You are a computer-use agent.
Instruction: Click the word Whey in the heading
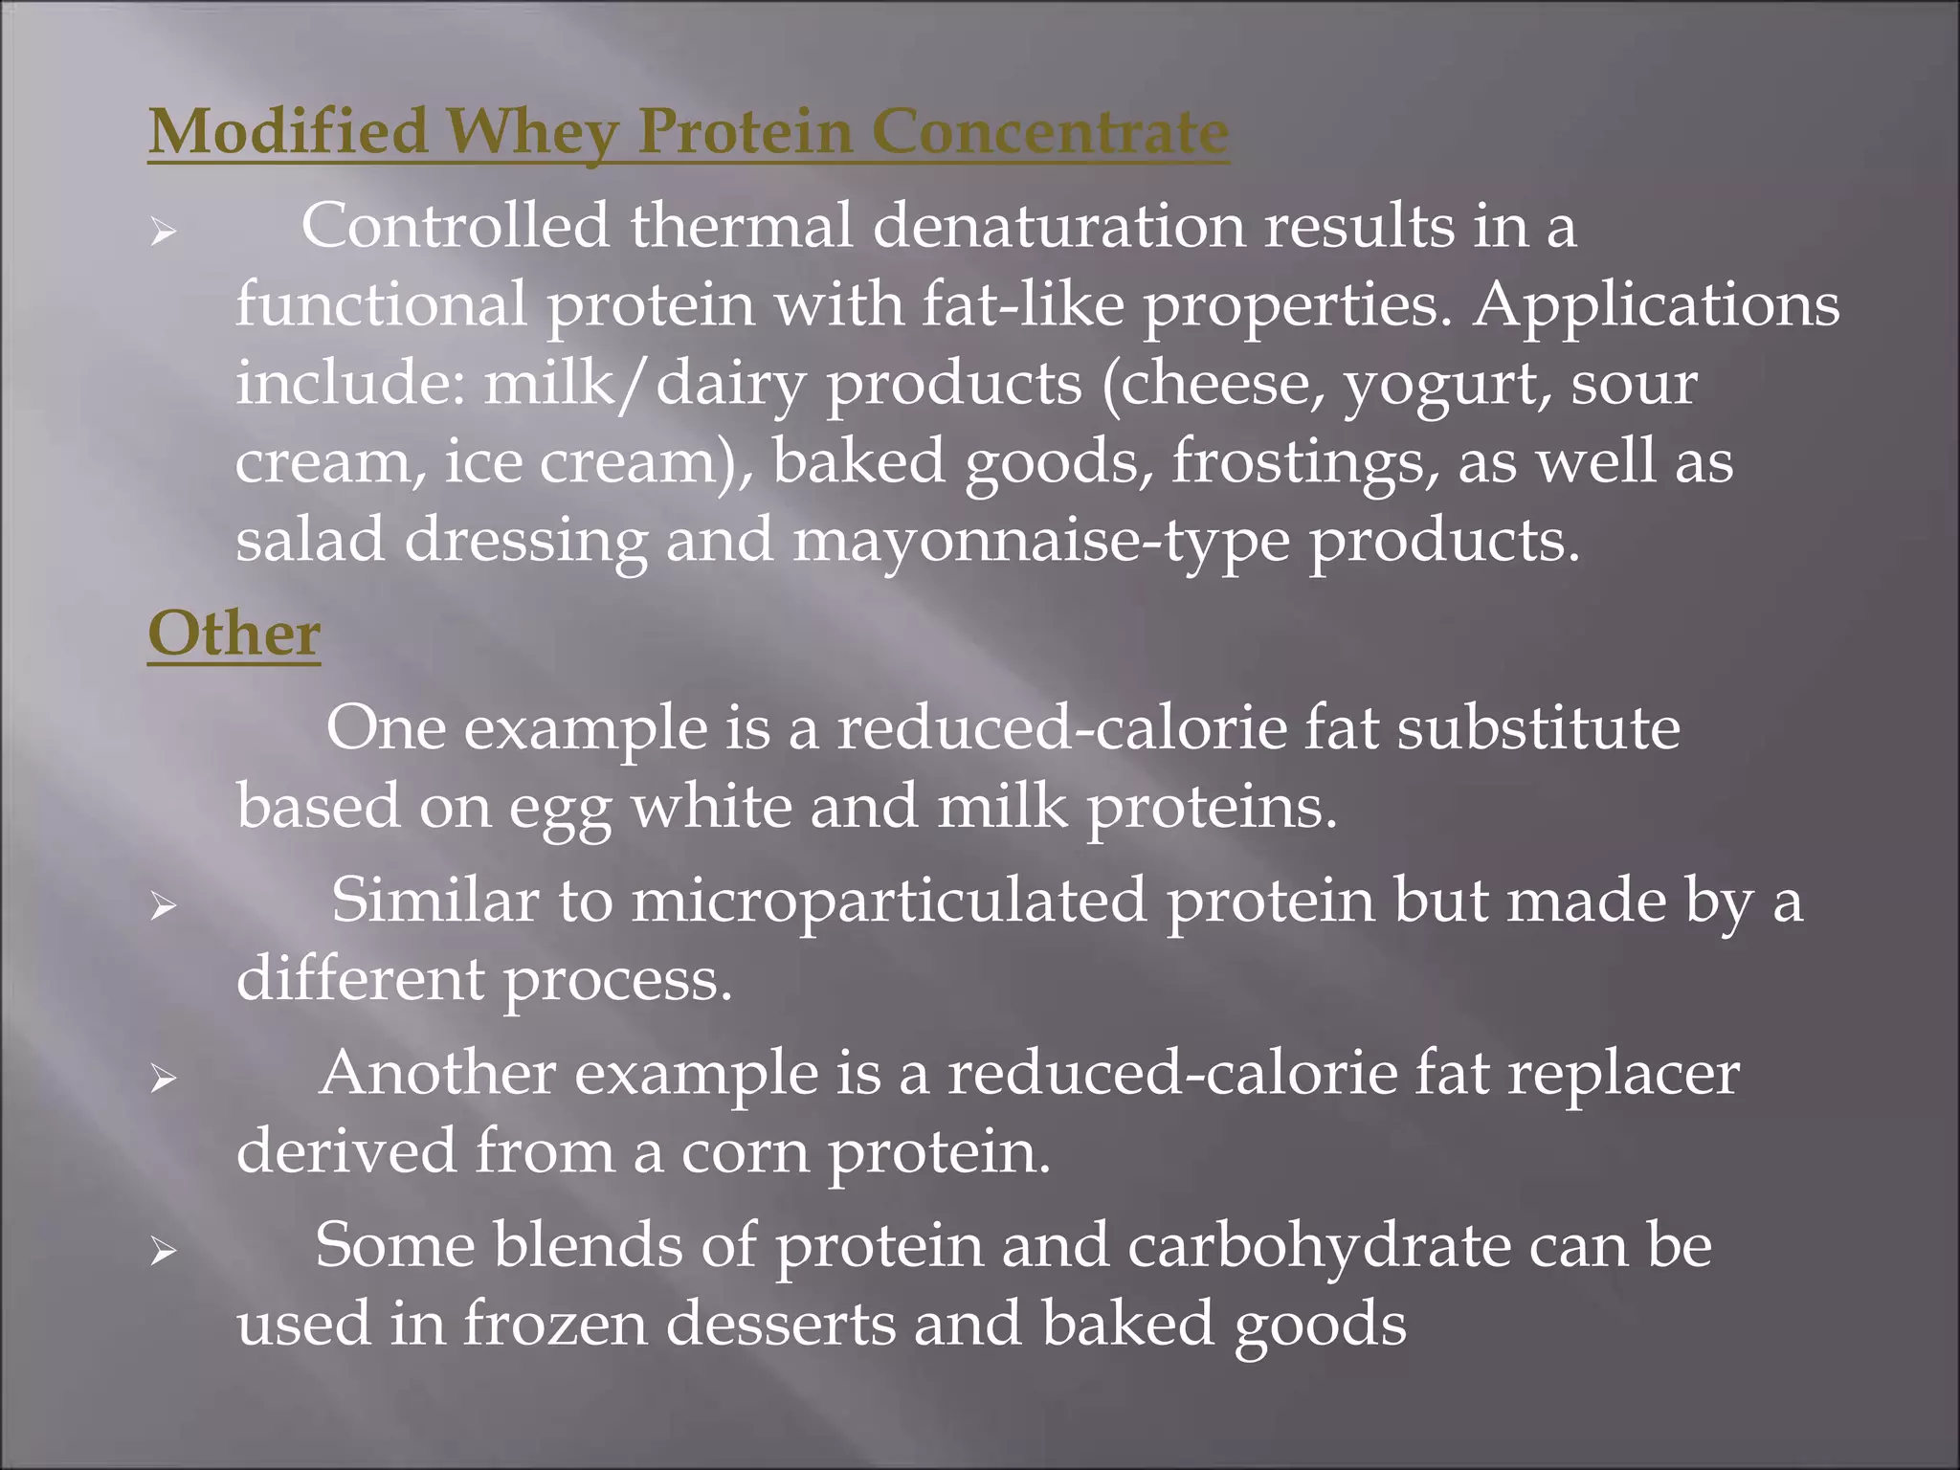coord(532,132)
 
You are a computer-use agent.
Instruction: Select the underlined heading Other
coord(234,635)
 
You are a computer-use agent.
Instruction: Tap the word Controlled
coord(456,227)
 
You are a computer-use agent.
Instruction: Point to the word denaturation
coord(1058,227)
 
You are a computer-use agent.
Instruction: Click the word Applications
coord(1656,305)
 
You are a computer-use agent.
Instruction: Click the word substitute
coord(1538,728)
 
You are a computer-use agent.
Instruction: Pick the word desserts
coord(780,1325)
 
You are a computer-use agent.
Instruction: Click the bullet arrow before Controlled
coord(164,232)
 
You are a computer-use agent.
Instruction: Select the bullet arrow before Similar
coord(164,905)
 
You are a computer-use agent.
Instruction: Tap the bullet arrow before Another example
coord(164,1079)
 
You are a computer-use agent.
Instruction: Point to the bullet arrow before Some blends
coord(164,1251)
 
